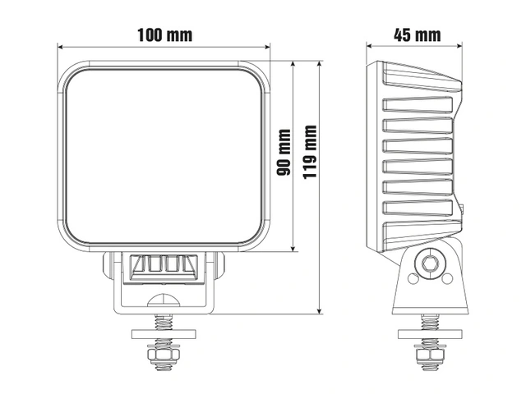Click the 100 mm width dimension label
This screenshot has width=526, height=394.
pyautogui.click(x=164, y=34)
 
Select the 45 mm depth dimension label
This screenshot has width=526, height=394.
pyautogui.click(x=417, y=34)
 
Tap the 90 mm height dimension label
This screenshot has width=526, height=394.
pyautogui.click(x=284, y=153)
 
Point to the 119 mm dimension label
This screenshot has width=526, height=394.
pyautogui.click(x=310, y=152)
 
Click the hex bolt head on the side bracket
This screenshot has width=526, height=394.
pyautogui.click(x=430, y=264)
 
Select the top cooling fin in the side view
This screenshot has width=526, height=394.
pyautogui.click(x=422, y=76)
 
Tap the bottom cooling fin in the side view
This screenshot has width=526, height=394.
pyautogui.click(x=422, y=236)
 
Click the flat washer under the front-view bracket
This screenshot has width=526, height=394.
pyautogui.click(x=164, y=334)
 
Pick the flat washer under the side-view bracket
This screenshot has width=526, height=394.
pyautogui.click(x=430, y=334)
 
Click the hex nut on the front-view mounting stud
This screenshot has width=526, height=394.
pyautogui.click(x=164, y=354)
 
